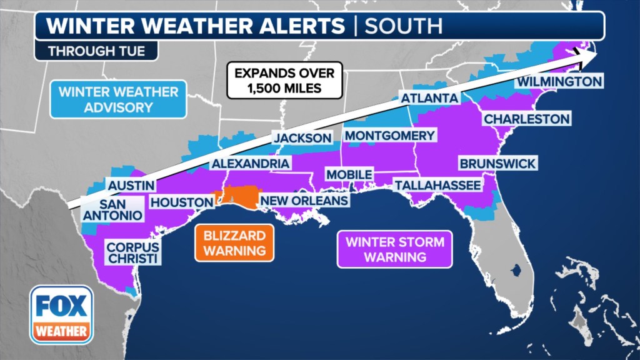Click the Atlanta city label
coord(429,98)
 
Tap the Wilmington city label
coord(559,82)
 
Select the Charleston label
coord(527,119)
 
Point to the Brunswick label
coord(497,164)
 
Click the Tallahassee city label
coord(437,185)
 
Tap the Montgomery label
coord(389,136)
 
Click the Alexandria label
coord(250,164)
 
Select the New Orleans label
coord(303,201)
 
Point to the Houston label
coord(181,202)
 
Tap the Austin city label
coord(131,186)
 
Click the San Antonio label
coord(112,210)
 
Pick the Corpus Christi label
coord(132,252)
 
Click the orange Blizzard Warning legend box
coord(234,243)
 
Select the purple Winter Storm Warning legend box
coord(394,249)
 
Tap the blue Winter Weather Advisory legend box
coord(119,99)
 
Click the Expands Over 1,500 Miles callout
coord(284,81)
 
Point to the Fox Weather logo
coord(61,315)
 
